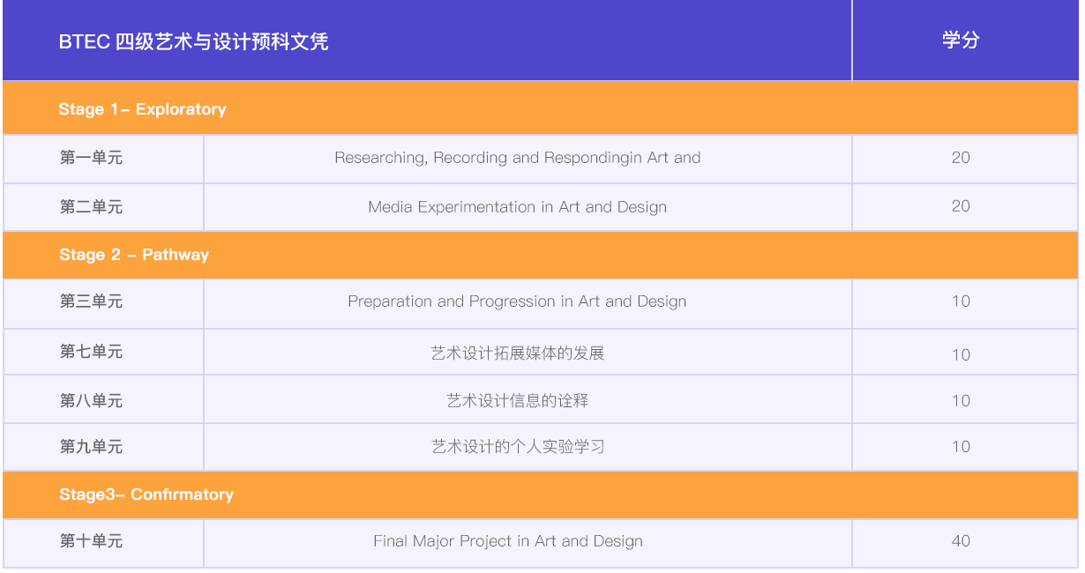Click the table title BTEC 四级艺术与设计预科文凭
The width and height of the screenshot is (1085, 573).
pos(193,41)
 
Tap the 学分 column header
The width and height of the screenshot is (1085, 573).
pos(961,41)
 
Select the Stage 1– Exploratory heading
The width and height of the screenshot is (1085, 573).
pos(142,109)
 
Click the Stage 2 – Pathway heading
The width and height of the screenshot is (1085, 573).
pos(134,255)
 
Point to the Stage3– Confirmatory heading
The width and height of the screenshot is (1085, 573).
pos(146,495)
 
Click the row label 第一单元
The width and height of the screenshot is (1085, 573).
pos(91,158)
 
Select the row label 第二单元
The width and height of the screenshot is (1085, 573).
pos(91,207)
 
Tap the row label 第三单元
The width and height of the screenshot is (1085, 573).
pos(91,301)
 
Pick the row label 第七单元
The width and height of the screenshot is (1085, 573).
pos(91,352)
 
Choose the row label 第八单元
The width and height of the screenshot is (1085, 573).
pos(91,401)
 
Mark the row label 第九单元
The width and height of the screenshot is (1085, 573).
pos(91,447)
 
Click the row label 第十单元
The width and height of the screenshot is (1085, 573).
pos(91,541)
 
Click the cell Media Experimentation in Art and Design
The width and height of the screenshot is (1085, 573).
pos(517,207)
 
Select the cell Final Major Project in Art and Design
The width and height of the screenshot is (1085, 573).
pos(508,541)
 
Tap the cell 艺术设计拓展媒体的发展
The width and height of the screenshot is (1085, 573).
pos(517,353)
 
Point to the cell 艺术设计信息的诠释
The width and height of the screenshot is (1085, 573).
pos(517,401)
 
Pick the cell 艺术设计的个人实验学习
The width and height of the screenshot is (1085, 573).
pos(517,447)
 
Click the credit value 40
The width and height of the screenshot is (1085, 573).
pos(961,541)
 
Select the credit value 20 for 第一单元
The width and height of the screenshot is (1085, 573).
pos(961,158)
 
